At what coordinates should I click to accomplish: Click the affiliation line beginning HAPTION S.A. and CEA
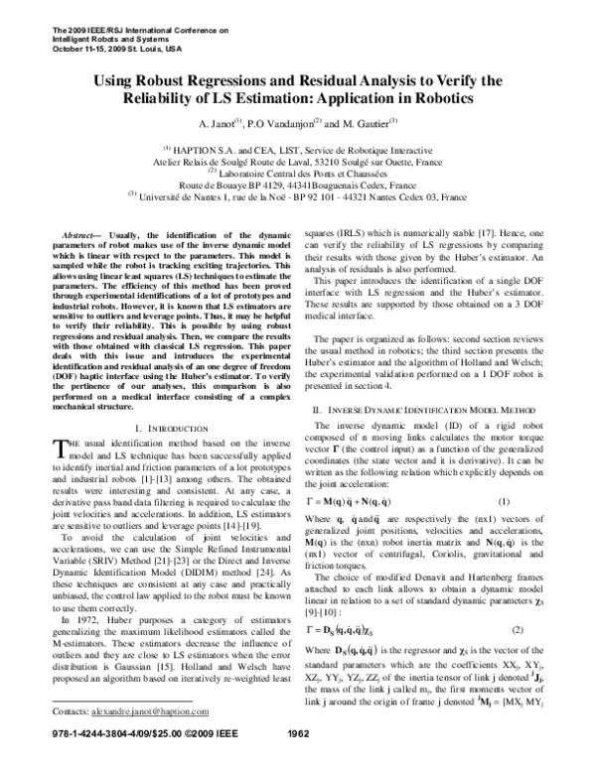point(298,147)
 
